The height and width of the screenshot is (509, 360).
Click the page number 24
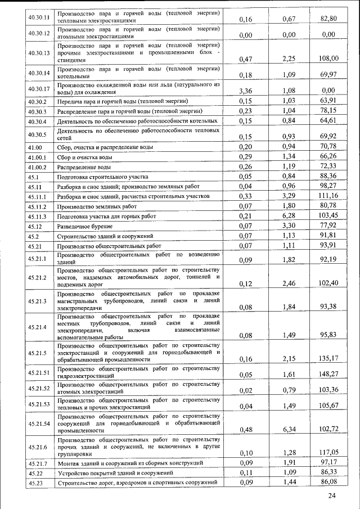click(x=332, y=495)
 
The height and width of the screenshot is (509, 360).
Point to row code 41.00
click(x=35, y=147)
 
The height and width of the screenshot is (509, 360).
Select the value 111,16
click(x=328, y=195)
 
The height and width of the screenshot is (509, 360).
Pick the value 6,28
click(x=289, y=216)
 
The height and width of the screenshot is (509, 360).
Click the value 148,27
click(x=328, y=373)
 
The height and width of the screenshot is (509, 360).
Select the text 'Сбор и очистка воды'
click(x=85, y=157)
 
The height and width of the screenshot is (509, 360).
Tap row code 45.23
click(x=36, y=483)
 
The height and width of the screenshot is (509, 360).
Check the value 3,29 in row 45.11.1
click(x=289, y=195)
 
